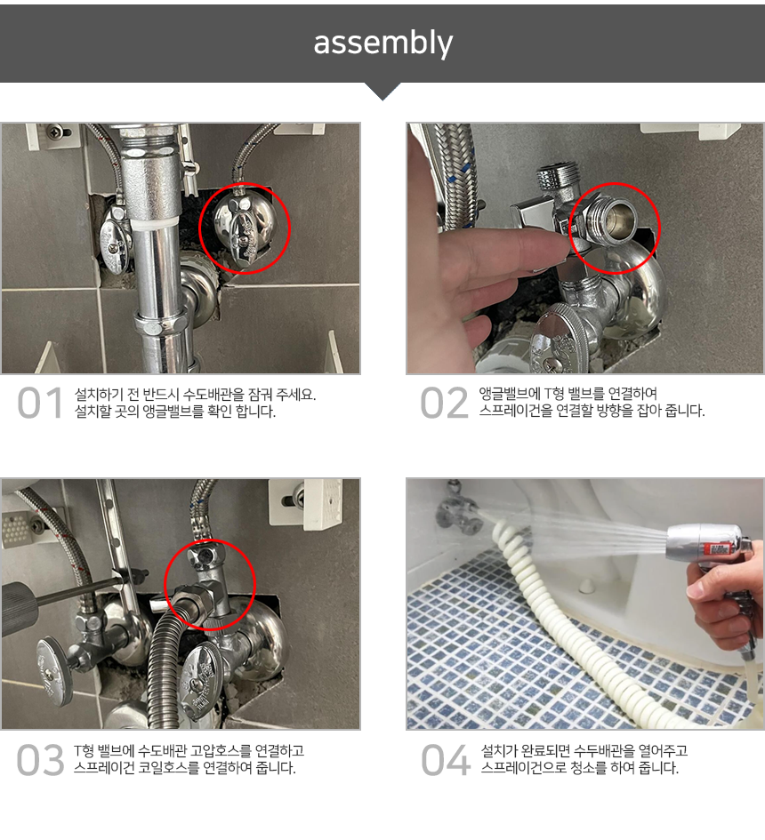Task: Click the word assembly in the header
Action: (382, 43)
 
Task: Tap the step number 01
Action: (41, 403)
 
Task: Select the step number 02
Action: (445, 403)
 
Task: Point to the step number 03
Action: (41, 760)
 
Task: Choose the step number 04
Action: (446, 760)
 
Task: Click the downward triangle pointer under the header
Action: (382, 91)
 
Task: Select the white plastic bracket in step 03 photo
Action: (306, 504)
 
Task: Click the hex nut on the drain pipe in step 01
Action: (161, 324)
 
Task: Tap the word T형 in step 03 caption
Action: (84, 751)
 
